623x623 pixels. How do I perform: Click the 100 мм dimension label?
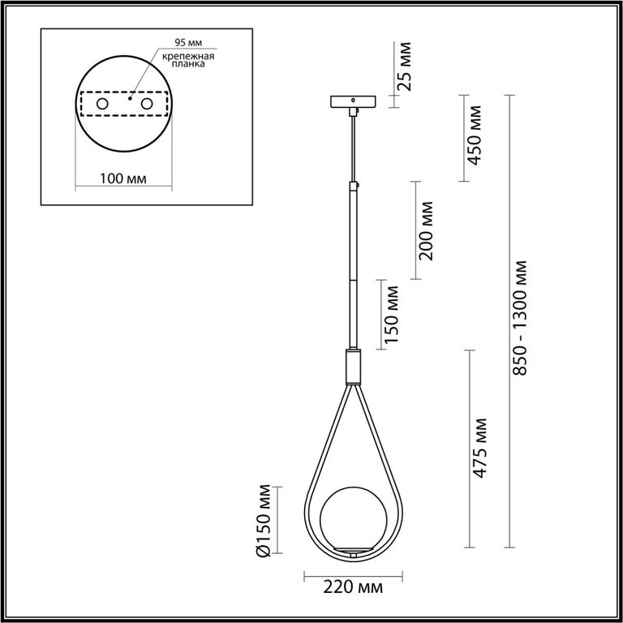[x=122, y=178]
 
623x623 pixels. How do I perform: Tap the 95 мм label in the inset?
[x=188, y=42]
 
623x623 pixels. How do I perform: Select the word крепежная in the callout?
[x=188, y=56]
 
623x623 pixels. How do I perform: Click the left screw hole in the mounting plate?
[x=102, y=104]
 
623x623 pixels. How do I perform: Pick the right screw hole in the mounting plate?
[x=147, y=104]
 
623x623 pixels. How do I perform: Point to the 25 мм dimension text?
[x=405, y=67]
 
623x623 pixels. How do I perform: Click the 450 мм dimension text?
[x=475, y=135]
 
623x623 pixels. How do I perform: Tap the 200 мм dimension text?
[x=426, y=231]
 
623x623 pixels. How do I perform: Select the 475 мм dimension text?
[x=480, y=448]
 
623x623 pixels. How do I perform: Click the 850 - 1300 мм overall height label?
[x=520, y=318]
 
